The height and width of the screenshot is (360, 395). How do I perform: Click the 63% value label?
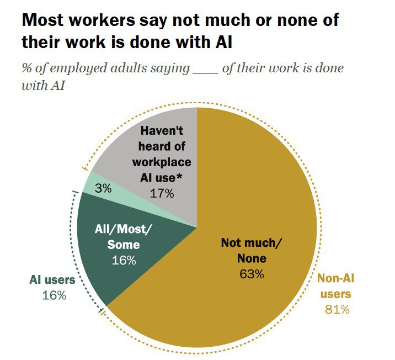(x=252, y=273)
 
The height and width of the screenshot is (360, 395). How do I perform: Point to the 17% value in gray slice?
(x=162, y=193)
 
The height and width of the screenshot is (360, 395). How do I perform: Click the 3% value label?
(x=103, y=188)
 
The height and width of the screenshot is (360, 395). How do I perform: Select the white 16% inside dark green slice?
(x=124, y=260)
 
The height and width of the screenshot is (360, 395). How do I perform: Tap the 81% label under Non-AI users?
(x=337, y=309)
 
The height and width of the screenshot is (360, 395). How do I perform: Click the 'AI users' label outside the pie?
(x=52, y=280)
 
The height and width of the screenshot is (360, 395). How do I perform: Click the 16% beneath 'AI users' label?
(x=54, y=295)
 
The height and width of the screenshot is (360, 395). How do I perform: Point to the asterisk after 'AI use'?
(x=189, y=177)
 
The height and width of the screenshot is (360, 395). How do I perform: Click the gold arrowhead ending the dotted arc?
(x=84, y=168)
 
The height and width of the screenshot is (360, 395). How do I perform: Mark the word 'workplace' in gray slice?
(x=162, y=162)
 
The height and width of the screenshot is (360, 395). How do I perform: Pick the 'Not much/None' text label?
(x=252, y=250)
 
